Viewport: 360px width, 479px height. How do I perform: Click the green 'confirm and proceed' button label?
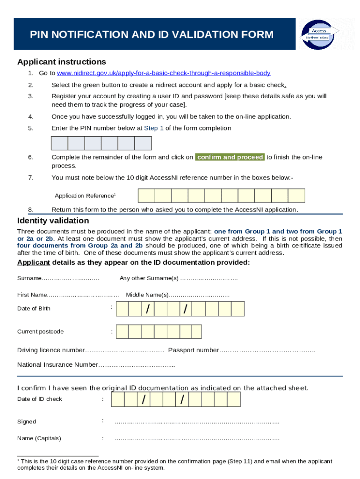pyautogui.click(x=230, y=157)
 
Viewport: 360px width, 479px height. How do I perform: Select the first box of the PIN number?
pyautogui.click(x=59, y=143)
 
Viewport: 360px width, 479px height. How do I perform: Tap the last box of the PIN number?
pyautogui.click(x=143, y=143)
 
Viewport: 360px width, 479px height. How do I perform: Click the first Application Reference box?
pyautogui.click(x=146, y=196)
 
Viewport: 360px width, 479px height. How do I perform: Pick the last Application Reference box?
pyautogui.click(x=296, y=196)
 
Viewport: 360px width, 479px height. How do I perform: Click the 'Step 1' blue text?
pyautogui.click(x=154, y=128)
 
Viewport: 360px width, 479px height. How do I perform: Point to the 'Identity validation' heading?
pyautogui.click(x=53, y=221)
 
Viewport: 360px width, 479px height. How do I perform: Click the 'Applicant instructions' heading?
pyautogui.click(x=62, y=62)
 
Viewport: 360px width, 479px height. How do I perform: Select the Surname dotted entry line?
pyautogui.click(x=71, y=279)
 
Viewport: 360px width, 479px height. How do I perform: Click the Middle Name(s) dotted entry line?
pyautogui.click(x=199, y=295)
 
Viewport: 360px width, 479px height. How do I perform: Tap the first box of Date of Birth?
pyautogui.click(x=122, y=309)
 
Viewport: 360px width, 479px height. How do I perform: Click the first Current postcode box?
pyautogui.click(x=122, y=332)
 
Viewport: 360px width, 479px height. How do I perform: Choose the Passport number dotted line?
pyautogui.click(x=267, y=350)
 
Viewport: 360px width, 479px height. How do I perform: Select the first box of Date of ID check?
pyautogui.click(x=118, y=399)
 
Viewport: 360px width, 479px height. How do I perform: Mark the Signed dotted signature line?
pyautogui.click(x=197, y=422)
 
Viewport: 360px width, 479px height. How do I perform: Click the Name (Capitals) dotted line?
pyautogui.click(x=197, y=439)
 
